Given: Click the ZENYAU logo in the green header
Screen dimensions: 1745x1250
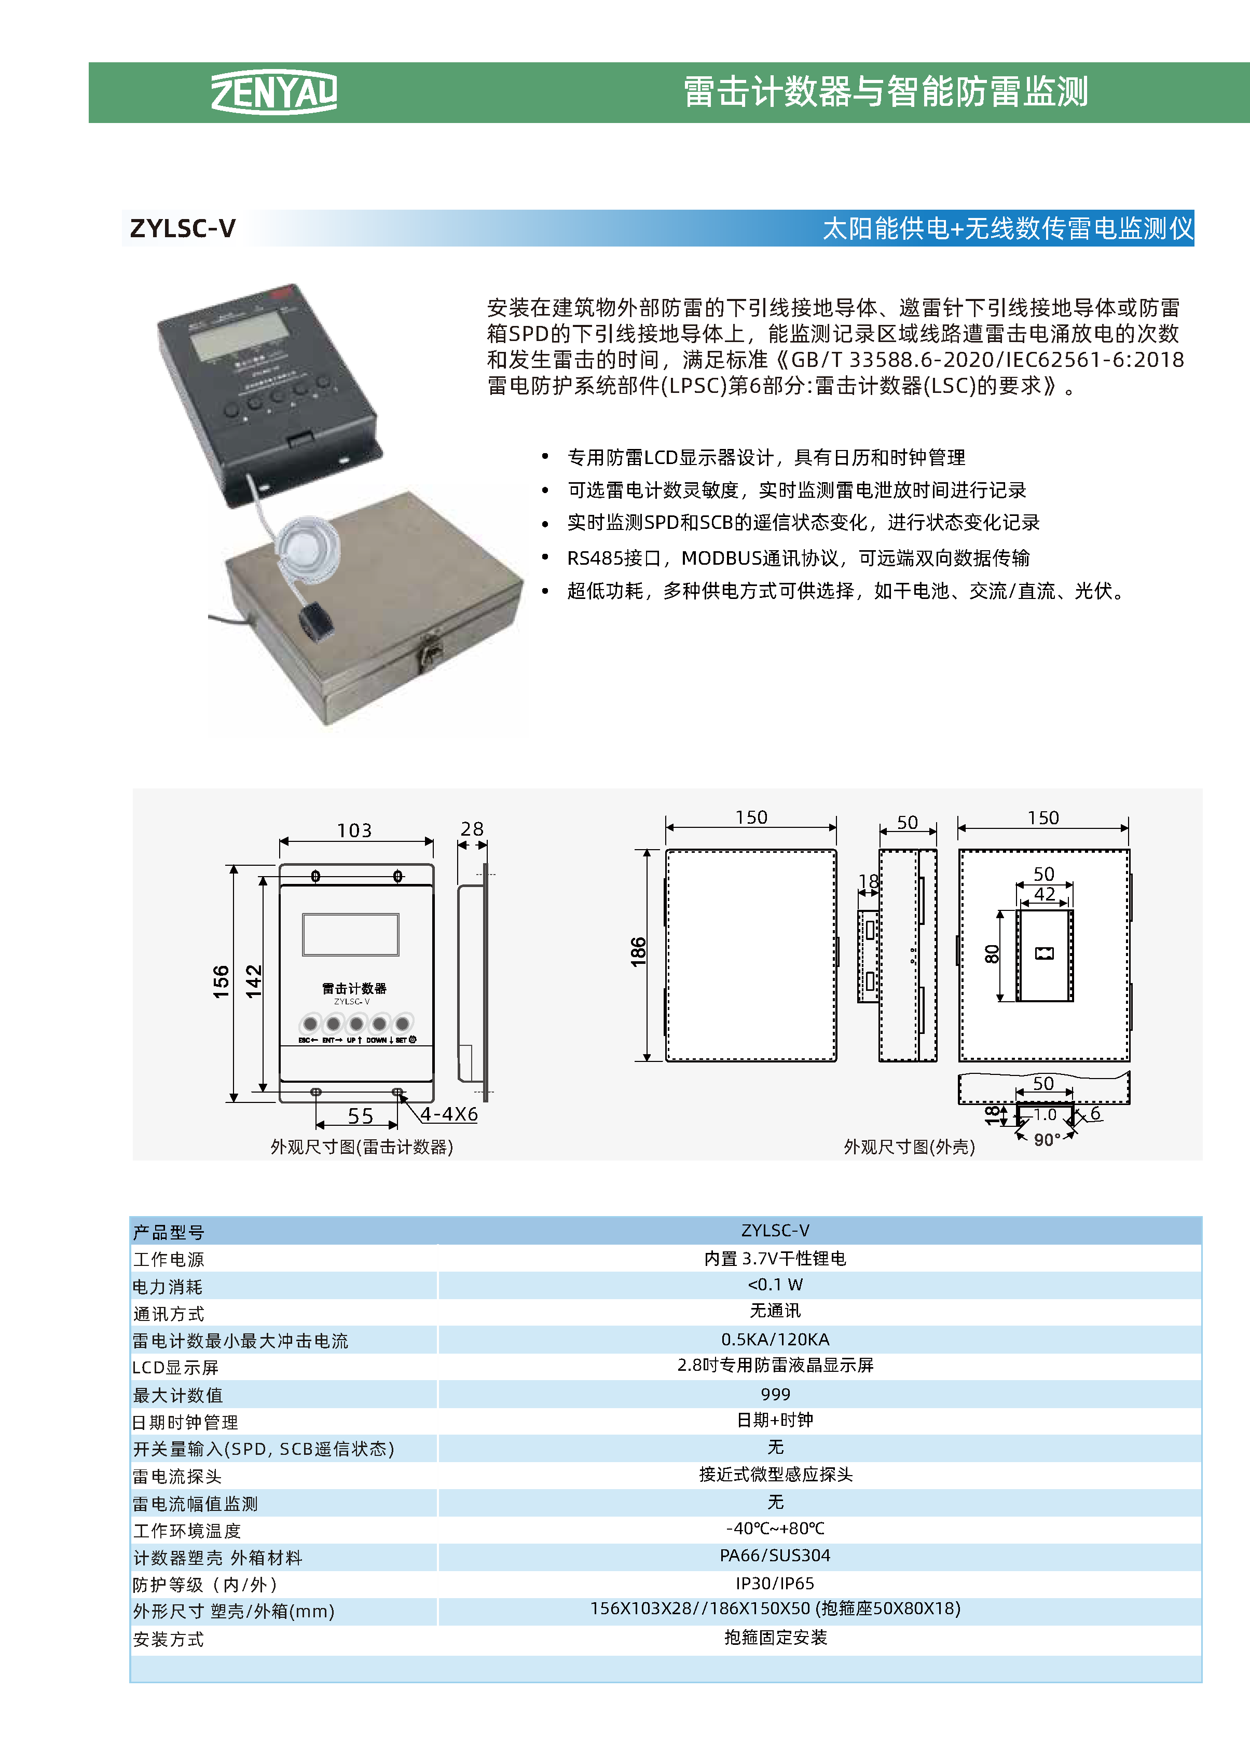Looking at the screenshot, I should [274, 92].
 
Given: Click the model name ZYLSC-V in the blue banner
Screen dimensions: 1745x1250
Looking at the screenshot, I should [183, 228].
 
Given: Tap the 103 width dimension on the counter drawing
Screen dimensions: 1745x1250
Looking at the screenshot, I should [354, 830].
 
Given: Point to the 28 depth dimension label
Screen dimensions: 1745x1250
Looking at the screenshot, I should [472, 829].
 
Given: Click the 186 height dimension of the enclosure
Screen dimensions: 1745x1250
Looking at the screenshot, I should [638, 952].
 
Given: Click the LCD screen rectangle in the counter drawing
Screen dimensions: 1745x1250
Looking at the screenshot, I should [351, 934].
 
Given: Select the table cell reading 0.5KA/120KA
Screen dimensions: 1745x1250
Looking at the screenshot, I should [775, 1340].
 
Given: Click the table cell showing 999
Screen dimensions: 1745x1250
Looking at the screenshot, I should [775, 1394].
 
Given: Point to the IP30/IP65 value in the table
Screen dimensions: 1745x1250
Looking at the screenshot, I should [775, 1584].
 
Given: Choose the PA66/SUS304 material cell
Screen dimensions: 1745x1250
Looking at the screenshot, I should [775, 1556].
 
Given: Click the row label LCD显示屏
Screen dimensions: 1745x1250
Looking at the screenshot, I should [175, 1367].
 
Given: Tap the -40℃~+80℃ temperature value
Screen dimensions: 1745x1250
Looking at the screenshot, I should [775, 1528].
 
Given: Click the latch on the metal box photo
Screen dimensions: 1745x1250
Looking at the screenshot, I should [429, 656].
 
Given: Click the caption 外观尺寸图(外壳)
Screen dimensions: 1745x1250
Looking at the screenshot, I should [909, 1147].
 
